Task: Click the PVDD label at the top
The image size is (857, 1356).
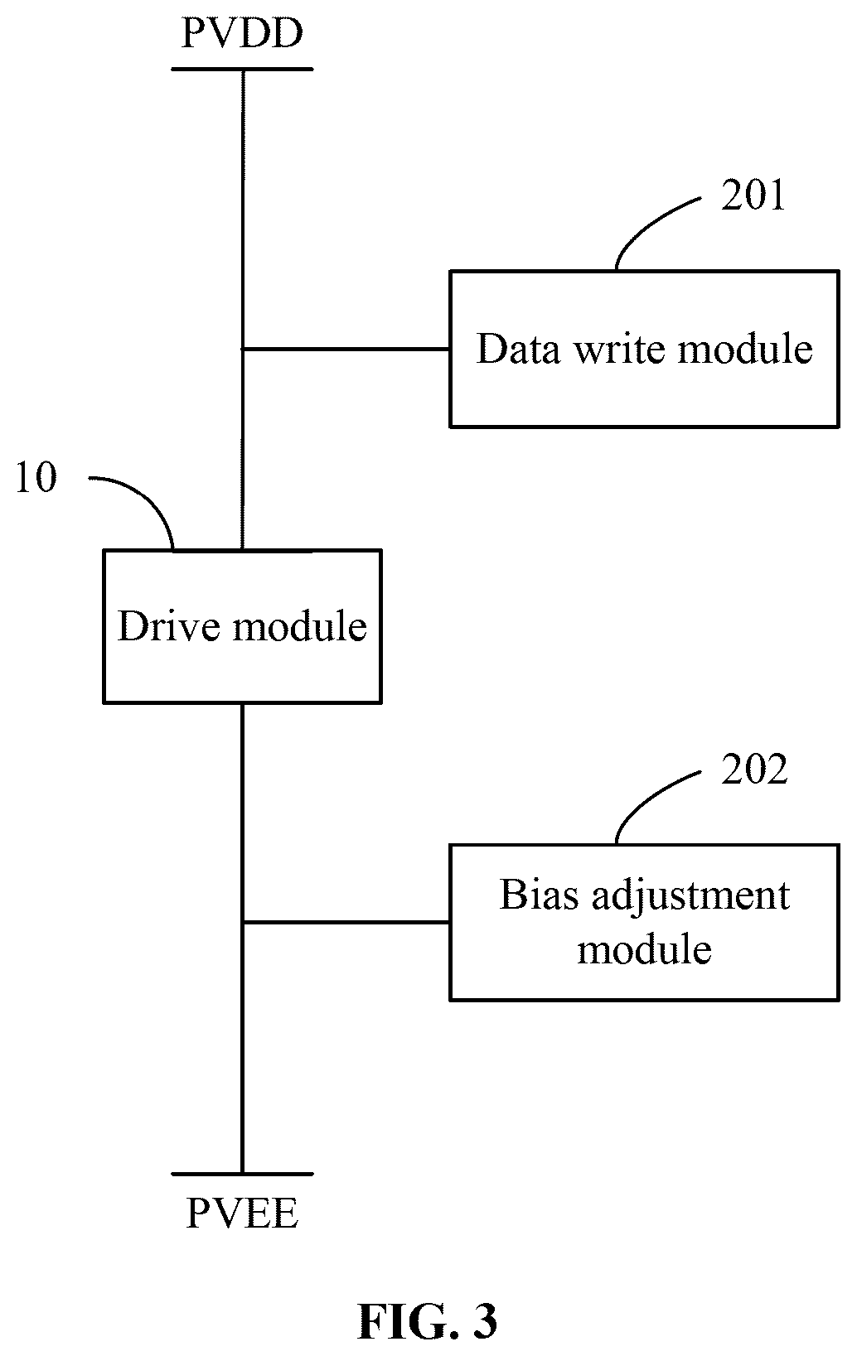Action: (242, 34)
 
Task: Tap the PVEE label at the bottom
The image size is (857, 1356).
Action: (242, 1213)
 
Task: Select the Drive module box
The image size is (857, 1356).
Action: (242, 626)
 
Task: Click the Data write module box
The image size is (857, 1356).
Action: (645, 349)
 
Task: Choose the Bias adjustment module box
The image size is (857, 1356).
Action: (645, 923)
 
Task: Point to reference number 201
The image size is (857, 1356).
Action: (753, 195)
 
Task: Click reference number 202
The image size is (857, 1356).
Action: (754, 770)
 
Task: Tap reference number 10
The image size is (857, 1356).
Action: (36, 477)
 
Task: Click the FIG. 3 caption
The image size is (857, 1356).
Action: (428, 1320)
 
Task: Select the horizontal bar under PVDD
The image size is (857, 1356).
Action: (242, 69)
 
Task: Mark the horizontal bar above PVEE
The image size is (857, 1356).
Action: (242, 1174)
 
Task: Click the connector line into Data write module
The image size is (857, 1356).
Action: (346, 349)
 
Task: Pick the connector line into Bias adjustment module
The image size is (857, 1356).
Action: (346, 922)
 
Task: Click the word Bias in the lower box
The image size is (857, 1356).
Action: (539, 894)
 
